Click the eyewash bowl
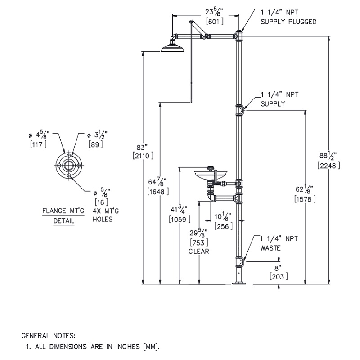click(210, 174)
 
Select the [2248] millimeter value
click(328, 165)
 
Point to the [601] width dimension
click(216, 22)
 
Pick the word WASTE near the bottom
click(271, 247)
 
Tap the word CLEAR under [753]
click(198, 252)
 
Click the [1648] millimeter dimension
click(158, 191)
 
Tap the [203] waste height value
click(279, 276)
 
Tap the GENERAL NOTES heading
click(49, 336)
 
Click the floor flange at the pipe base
click(239, 283)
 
